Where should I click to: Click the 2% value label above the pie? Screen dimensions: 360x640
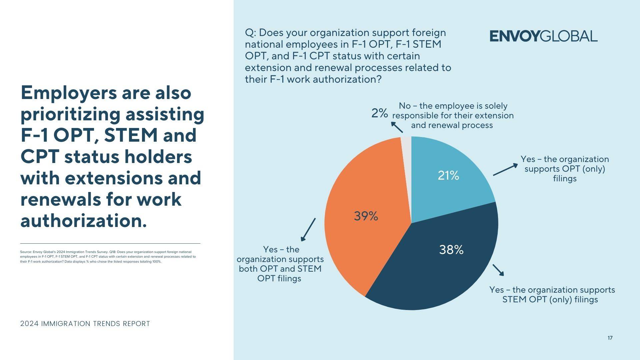coord(380,113)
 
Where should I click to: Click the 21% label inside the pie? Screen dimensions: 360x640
coord(448,175)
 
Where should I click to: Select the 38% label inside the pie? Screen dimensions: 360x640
coord(451,250)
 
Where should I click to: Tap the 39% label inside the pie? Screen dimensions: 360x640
coord(366,216)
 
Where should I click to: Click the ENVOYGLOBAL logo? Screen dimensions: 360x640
coord(543,36)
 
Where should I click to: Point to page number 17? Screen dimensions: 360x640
coord(610,338)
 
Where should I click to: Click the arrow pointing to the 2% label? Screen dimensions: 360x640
coord(397,127)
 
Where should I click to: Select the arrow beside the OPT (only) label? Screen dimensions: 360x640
coord(505,169)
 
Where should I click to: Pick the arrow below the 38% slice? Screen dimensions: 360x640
coord(498,270)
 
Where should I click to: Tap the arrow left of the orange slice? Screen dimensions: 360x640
coord(308,229)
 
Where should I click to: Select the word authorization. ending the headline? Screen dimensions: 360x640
coord(84,221)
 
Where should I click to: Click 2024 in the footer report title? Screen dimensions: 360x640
coord(29,324)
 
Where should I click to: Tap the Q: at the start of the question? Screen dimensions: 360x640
coord(250,33)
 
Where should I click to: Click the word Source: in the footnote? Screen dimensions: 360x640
coord(26,252)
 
